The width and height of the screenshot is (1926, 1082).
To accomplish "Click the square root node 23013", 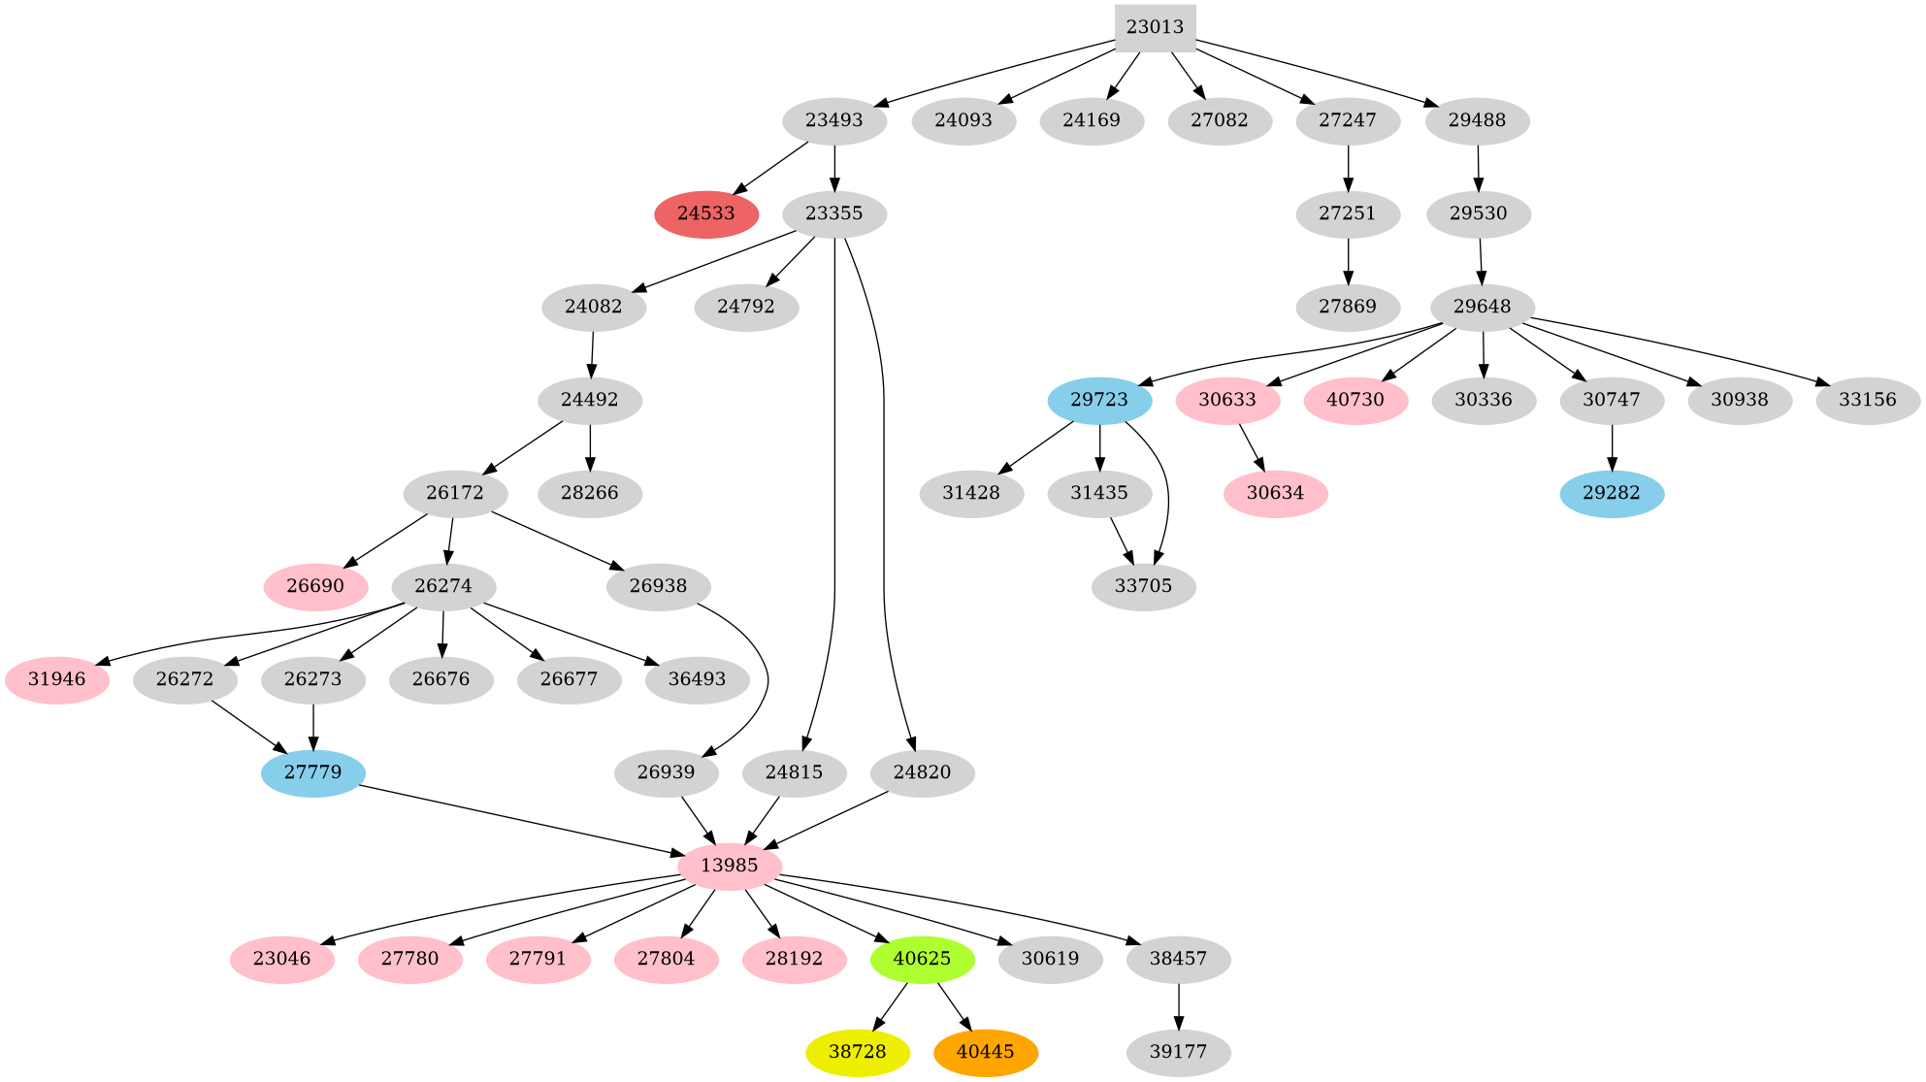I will click(x=1155, y=27).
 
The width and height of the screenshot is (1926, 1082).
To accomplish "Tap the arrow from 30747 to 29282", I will click(x=1612, y=447).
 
